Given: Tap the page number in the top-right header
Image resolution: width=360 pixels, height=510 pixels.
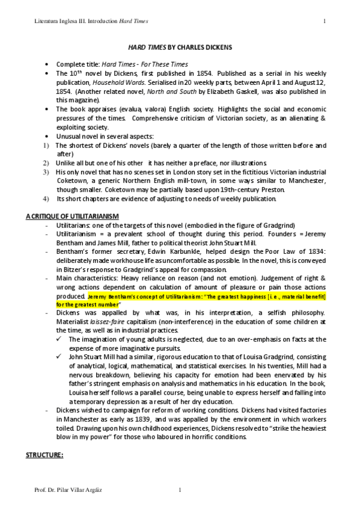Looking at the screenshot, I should coord(325,22).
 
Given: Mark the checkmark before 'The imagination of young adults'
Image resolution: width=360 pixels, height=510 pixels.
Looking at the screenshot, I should coord(62,340).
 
